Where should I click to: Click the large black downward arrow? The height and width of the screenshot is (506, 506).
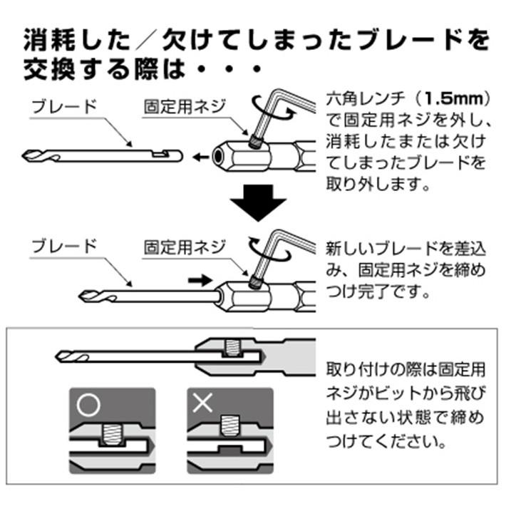tap(257, 202)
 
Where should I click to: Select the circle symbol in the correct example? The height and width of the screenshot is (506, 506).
tap(90, 405)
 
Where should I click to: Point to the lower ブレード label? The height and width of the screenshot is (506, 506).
tap(64, 247)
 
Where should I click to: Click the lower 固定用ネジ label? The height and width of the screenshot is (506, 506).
tap(185, 247)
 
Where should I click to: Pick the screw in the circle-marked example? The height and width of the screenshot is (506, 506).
tap(113, 433)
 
